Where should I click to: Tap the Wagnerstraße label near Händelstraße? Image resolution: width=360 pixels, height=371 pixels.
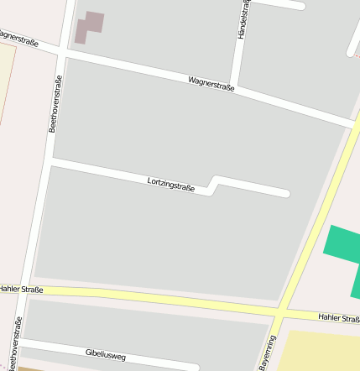(x=211, y=83)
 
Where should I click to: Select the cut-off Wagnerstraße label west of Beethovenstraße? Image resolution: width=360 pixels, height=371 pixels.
(x=18, y=38)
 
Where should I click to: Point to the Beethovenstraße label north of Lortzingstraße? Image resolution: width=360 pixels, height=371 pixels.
(x=55, y=103)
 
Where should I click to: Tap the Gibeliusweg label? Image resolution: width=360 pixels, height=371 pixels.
(x=105, y=355)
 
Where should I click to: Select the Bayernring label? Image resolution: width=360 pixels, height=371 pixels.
(x=268, y=353)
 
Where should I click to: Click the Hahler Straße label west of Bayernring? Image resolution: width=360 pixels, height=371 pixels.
(x=21, y=289)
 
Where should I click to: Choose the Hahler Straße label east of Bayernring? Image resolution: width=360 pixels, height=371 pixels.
(x=338, y=317)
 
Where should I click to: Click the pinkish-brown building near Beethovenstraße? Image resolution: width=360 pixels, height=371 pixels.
(x=89, y=26)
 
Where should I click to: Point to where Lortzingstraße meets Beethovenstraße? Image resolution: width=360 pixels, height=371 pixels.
(x=50, y=160)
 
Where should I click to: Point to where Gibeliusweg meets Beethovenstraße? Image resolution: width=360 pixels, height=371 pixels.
(x=21, y=343)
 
